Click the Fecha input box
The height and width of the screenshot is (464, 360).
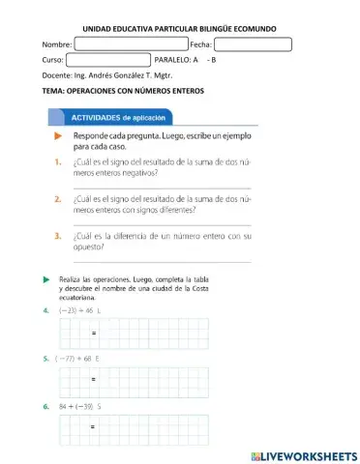[x=253, y=44]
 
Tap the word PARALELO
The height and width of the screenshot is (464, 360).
[x=173, y=60]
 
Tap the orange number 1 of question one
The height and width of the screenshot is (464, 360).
[x=59, y=165]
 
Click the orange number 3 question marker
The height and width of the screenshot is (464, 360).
[x=59, y=235]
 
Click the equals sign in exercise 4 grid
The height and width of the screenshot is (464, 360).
[x=94, y=333]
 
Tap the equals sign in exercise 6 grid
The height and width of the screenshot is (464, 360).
[x=94, y=426]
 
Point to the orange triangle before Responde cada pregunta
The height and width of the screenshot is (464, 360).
[x=58, y=136]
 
